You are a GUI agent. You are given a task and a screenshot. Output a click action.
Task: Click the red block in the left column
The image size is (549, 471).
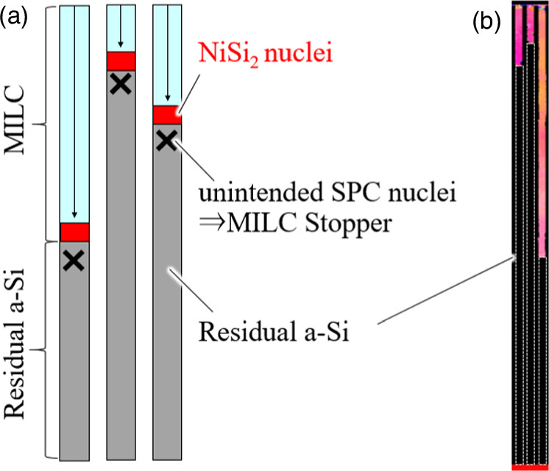pyautogui.click(x=74, y=232)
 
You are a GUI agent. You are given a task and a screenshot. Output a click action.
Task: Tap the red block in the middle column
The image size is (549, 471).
pyautogui.click(x=121, y=61)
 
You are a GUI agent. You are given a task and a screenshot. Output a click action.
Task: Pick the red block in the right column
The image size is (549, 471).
pyautogui.click(x=167, y=115)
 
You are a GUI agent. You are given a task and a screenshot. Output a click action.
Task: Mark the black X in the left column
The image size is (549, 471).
pyautogui.click(x=73, y=260)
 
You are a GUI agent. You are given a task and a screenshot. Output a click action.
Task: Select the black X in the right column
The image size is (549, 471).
pyautogui.click(x=166, y=141)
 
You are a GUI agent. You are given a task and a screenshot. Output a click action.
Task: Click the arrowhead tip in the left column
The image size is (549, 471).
pyautogui.click(x=74, y=220)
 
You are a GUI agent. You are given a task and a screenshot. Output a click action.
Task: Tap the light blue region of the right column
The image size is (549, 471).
pyautogui.click(x=167, y=59)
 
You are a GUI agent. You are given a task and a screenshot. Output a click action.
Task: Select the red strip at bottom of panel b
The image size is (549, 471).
pyautogui.click(x=528, y=467)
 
